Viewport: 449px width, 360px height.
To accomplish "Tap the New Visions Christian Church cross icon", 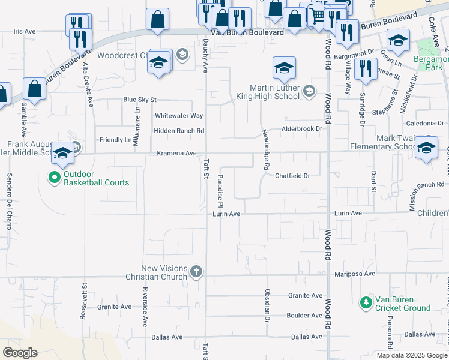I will pyautogui.click(x=196, y=272).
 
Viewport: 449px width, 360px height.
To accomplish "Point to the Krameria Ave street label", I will pyautogui.click(x=176, y=154).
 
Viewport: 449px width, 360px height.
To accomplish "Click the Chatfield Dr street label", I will pyautogui.click(x=292, y=176).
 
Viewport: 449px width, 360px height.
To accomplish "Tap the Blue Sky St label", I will pyautogui.click(x=139, y=100).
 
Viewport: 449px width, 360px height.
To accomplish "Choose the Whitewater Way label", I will pyautogui.click(x=179, y=116).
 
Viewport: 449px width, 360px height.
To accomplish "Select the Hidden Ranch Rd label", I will pyautogui.click(x=179, y=131).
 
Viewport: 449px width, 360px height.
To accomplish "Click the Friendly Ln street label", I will pyautogui.click(x=115, y=140).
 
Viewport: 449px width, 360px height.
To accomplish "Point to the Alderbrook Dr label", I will pyautogui.click(x=303, y=129).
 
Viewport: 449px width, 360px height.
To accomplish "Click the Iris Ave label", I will pyautogui.click(x=25, y=31).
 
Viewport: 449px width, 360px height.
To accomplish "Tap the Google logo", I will pyautogui.click(x=20, y=353).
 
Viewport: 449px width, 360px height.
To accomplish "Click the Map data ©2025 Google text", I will pyautogui.click(x=411, y=355).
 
